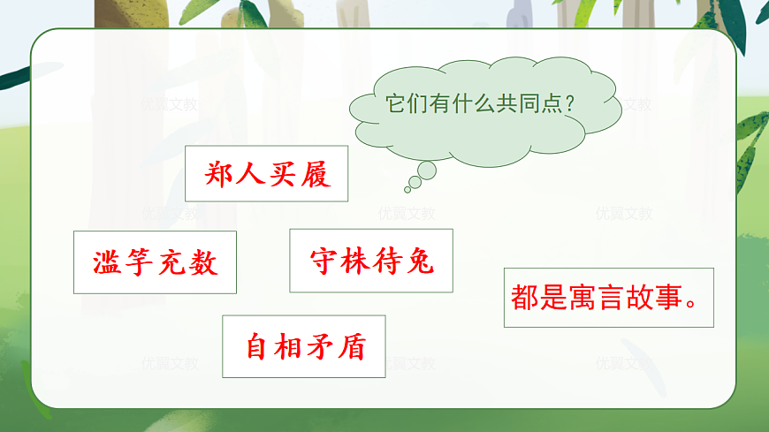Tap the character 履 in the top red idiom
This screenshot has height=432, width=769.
click(x=314, y=175)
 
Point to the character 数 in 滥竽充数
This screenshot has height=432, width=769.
click(x=202, y=262)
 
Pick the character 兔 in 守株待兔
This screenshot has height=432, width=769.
click(x=418, y=261)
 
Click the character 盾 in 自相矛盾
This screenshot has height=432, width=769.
click(x=351, y=347)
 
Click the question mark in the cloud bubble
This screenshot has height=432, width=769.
click(x=570, y=103)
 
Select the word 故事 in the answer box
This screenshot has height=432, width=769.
click(x=652, y=298)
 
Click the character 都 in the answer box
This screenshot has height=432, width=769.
click(x=524, y=298)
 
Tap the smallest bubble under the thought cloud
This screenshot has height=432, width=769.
click(x=407, y=189)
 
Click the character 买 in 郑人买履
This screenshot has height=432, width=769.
click(x=282, y=175)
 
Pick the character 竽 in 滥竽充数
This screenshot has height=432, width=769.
click(x=140, y=262)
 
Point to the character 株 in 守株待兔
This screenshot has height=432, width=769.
click(x=354, y=261)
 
